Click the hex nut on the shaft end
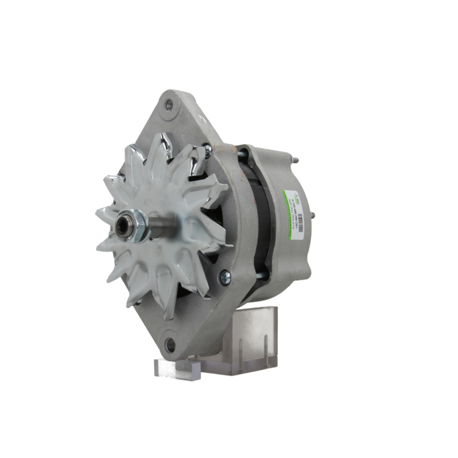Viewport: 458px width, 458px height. pyautogui.click(x=137, y=227)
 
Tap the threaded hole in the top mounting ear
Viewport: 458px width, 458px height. pyautogui.click(x=169, y=104)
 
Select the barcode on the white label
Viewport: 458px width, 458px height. pyautogui.click(x=299, y=218)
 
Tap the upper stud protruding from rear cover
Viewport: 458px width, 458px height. pyautogui.click(x=296, y=160)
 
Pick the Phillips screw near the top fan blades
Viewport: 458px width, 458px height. pyautogui.click(x=207, y=150)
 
